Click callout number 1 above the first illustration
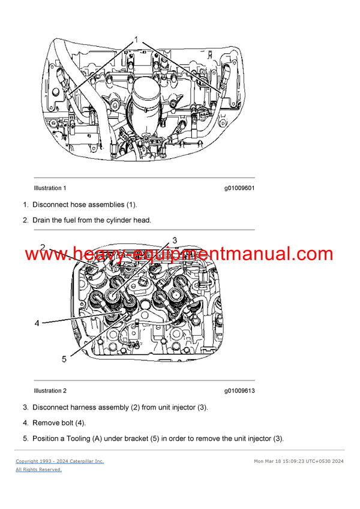click(x=136, y=40)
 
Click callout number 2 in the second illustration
click(x=43, y=247)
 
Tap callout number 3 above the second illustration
click(x=175, y=240)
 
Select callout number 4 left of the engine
click(x=37, y=323)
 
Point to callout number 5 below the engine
click(x=64, y=359)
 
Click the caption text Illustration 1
click(x=50, y=188)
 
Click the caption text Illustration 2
click(x=50, y=391)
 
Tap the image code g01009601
click(x=239, y=188)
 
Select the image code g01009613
click(x=239, y=391)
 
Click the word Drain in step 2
click(x=43, y=220)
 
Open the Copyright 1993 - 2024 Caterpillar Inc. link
click(x=60, y=461)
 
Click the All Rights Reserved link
click(x=38, y=469)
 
